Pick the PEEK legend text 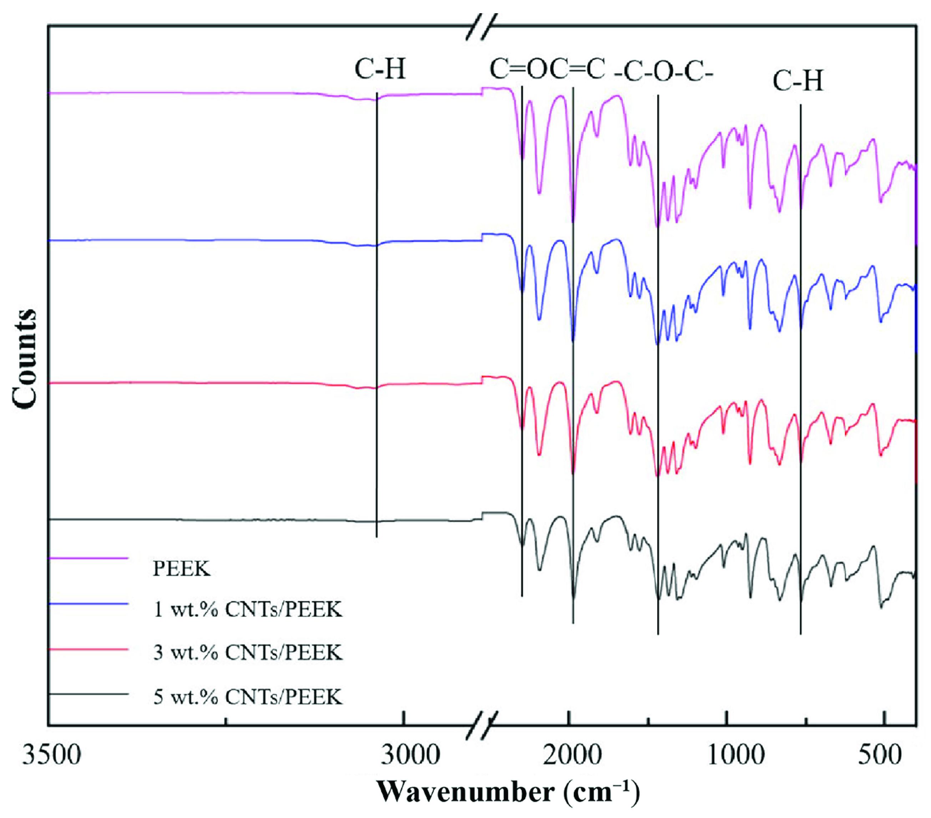click(x=181, y=568)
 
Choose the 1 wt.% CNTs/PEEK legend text click(x=247, y=609)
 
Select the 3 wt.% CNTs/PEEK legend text click(x=247, y=652)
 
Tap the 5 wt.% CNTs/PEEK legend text click(x=247, y=696)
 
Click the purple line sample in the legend click(x=89, y=558)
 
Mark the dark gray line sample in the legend click(x=89, y=694)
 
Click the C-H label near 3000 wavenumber click(x=380, y=70)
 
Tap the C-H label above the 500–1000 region click(x=798, y=82)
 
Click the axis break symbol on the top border click(x=482, y=26)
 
